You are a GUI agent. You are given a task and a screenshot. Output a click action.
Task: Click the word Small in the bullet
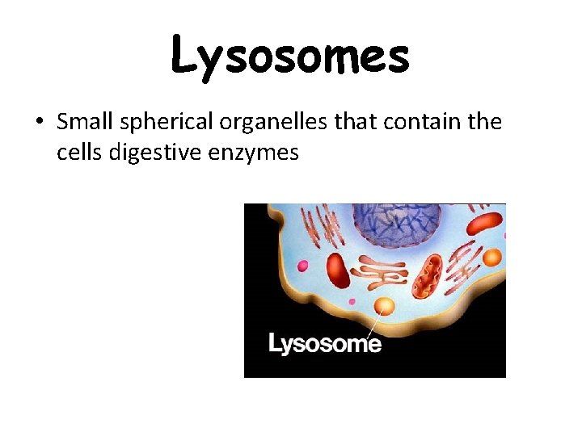click(86, 122)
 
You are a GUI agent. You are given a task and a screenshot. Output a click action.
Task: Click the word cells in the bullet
click(78, 151)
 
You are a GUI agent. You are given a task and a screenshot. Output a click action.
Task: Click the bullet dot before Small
click(40, 124)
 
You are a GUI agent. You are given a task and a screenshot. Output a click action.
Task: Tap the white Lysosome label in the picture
click(324, 344)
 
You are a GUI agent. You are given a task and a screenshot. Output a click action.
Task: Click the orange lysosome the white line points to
click(384, 306)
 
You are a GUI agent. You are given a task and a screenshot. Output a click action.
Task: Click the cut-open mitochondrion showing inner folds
click(428, 274)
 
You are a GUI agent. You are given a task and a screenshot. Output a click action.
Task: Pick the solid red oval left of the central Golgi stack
click(338, 270)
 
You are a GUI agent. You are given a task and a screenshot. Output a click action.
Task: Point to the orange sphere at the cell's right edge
click(492, 258)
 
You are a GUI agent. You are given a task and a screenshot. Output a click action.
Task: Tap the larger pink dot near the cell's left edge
click(302, 265)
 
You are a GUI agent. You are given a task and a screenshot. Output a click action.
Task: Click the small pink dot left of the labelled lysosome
click(352, 301)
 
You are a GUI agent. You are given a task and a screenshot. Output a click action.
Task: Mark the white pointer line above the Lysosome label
click(374, 325)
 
